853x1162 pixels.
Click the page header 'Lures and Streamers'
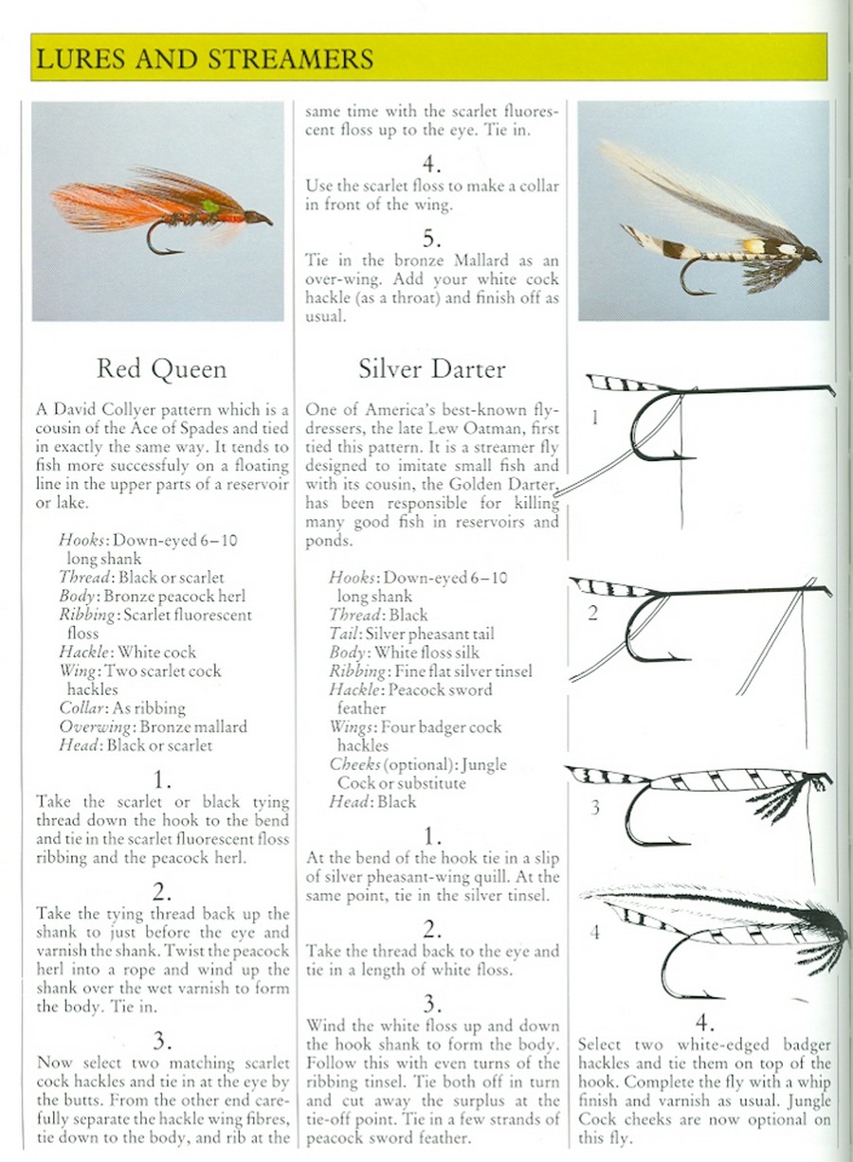pos(204,59)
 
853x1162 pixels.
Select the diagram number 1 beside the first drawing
pos(593,418)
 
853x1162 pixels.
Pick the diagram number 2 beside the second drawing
pos(593,613)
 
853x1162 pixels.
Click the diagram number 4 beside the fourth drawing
pos(594,932)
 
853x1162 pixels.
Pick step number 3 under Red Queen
pos(162,1041)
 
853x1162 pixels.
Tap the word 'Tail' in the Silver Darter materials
pos(345,634)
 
